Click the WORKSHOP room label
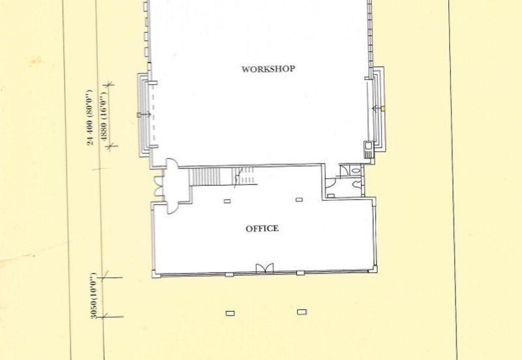click(x=268, y=69)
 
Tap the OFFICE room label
click(x=262, y=228)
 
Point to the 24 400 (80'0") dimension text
click(x=89, y=117)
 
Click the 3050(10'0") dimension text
click(x=93, y=295)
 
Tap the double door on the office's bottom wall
click(x=265, y=268)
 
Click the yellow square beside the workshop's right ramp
click(x=383, y=108)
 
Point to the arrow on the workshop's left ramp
click(x=144, y=115)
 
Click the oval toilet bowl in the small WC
click(x=356, y=171)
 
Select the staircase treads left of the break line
click(x=205, y=177)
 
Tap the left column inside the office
click(x=227, y=201)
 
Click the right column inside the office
click(x=299, y=200)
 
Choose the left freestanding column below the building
click(x=230, y=313)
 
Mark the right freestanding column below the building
click(x=301, y=312)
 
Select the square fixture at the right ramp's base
click(x=369, y=145)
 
